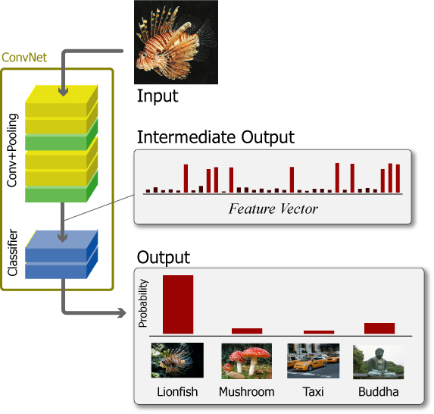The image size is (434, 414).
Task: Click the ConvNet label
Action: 24,58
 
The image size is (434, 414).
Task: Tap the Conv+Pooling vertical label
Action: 12,150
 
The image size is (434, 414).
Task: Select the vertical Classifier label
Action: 12,252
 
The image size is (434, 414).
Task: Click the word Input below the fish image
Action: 158,96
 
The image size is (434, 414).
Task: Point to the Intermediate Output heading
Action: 216,137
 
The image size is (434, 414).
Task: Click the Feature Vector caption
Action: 273,209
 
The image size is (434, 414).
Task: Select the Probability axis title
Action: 143,303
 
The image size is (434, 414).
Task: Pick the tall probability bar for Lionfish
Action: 178,304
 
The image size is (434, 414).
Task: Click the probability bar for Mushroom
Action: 247,331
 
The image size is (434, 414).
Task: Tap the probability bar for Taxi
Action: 319,332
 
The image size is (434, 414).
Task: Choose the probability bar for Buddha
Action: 379,328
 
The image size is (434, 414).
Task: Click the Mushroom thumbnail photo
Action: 247,361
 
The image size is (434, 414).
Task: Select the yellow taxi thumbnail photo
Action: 314,361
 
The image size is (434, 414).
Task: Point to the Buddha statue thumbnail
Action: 379,362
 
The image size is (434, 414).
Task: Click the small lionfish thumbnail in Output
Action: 177,360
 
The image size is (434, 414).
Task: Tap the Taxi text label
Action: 313,392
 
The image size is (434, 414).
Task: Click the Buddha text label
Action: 379,392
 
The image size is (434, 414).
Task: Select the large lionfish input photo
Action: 176,42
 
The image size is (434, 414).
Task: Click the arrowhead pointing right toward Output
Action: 122,313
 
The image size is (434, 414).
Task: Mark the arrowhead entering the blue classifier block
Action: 63,238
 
